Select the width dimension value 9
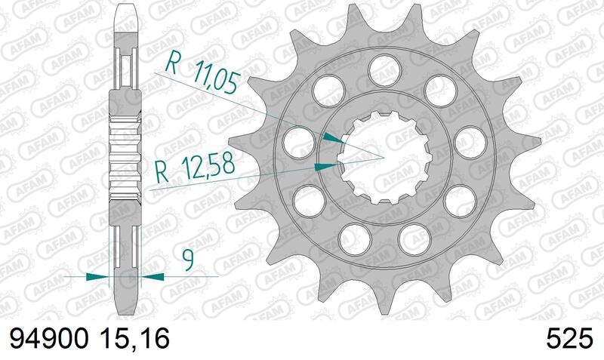pos(187,261)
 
